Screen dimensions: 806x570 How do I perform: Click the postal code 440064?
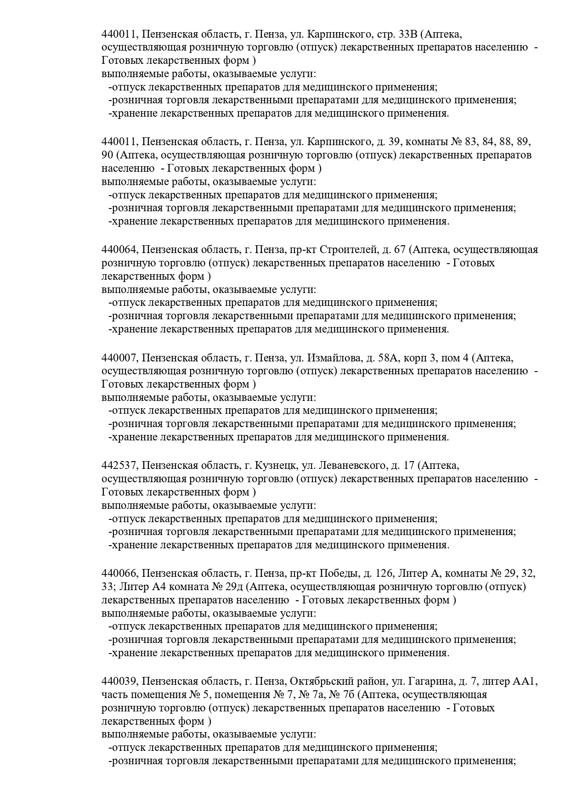(119, 250)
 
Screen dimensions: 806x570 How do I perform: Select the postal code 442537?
(119, 466)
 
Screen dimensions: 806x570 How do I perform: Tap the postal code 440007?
(119, 358)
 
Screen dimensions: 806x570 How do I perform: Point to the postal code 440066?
(119, 574)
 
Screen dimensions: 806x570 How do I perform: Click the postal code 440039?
(119, 682)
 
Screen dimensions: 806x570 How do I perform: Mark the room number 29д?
(231, 587)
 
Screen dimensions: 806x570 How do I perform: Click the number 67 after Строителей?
(400, 250)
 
